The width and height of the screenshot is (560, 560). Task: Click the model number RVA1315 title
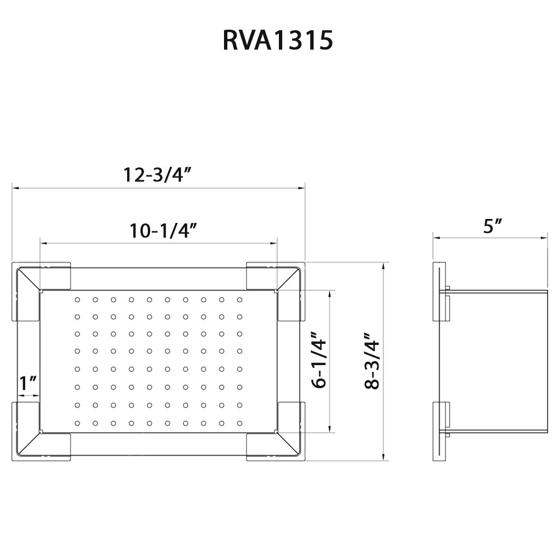click(278, 41)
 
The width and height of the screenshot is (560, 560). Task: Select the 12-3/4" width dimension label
click(158, 175)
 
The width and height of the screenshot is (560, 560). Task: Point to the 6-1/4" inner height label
click(320, 361)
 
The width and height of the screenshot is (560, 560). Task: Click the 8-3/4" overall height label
click(372, 361)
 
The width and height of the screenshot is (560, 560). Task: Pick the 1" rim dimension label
click(28, 384)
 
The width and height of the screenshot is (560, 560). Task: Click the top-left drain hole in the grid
click(77, 300)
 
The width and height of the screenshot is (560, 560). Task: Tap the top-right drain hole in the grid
click(239, 300)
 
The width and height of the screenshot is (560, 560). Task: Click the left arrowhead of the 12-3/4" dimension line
click(15, 188)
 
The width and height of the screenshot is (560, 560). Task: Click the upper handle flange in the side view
click(441, 292)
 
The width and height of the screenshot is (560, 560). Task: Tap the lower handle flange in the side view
click(441, 432)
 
